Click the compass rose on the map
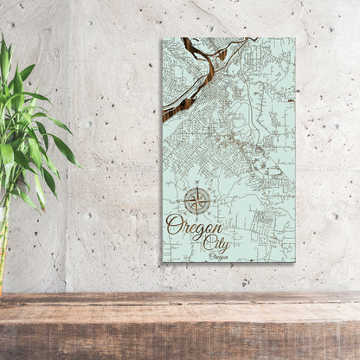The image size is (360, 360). pos(197,201)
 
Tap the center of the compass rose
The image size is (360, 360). pos(197,201)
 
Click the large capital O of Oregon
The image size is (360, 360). pos(174,227)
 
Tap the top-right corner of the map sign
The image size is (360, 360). pos(294,38)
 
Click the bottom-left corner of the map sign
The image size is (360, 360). pos(162,261)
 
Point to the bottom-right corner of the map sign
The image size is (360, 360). pos(294,261)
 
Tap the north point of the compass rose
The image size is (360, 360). pos(197,189)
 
